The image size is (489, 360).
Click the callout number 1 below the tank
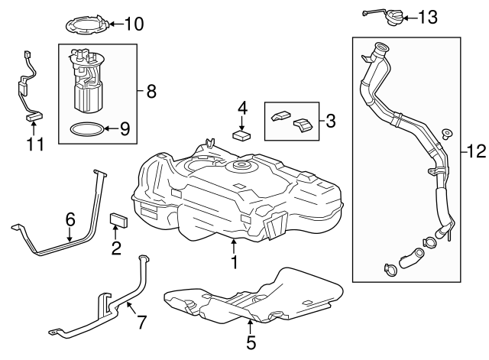(x=235, y=262)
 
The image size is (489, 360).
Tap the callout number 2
(x=116, y=246)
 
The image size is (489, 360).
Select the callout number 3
(x=330, y=120)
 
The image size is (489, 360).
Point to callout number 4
(x=242, y=108)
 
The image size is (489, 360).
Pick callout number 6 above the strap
(x=70, y=219)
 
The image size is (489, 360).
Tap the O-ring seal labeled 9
(x=84, y=128)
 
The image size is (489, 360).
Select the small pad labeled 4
(x=243, y=136)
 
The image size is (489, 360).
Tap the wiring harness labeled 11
(x=29, y=88)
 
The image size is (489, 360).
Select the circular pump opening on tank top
(x=243, y=167)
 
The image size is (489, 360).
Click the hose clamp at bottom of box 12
(x=389, y=269)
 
